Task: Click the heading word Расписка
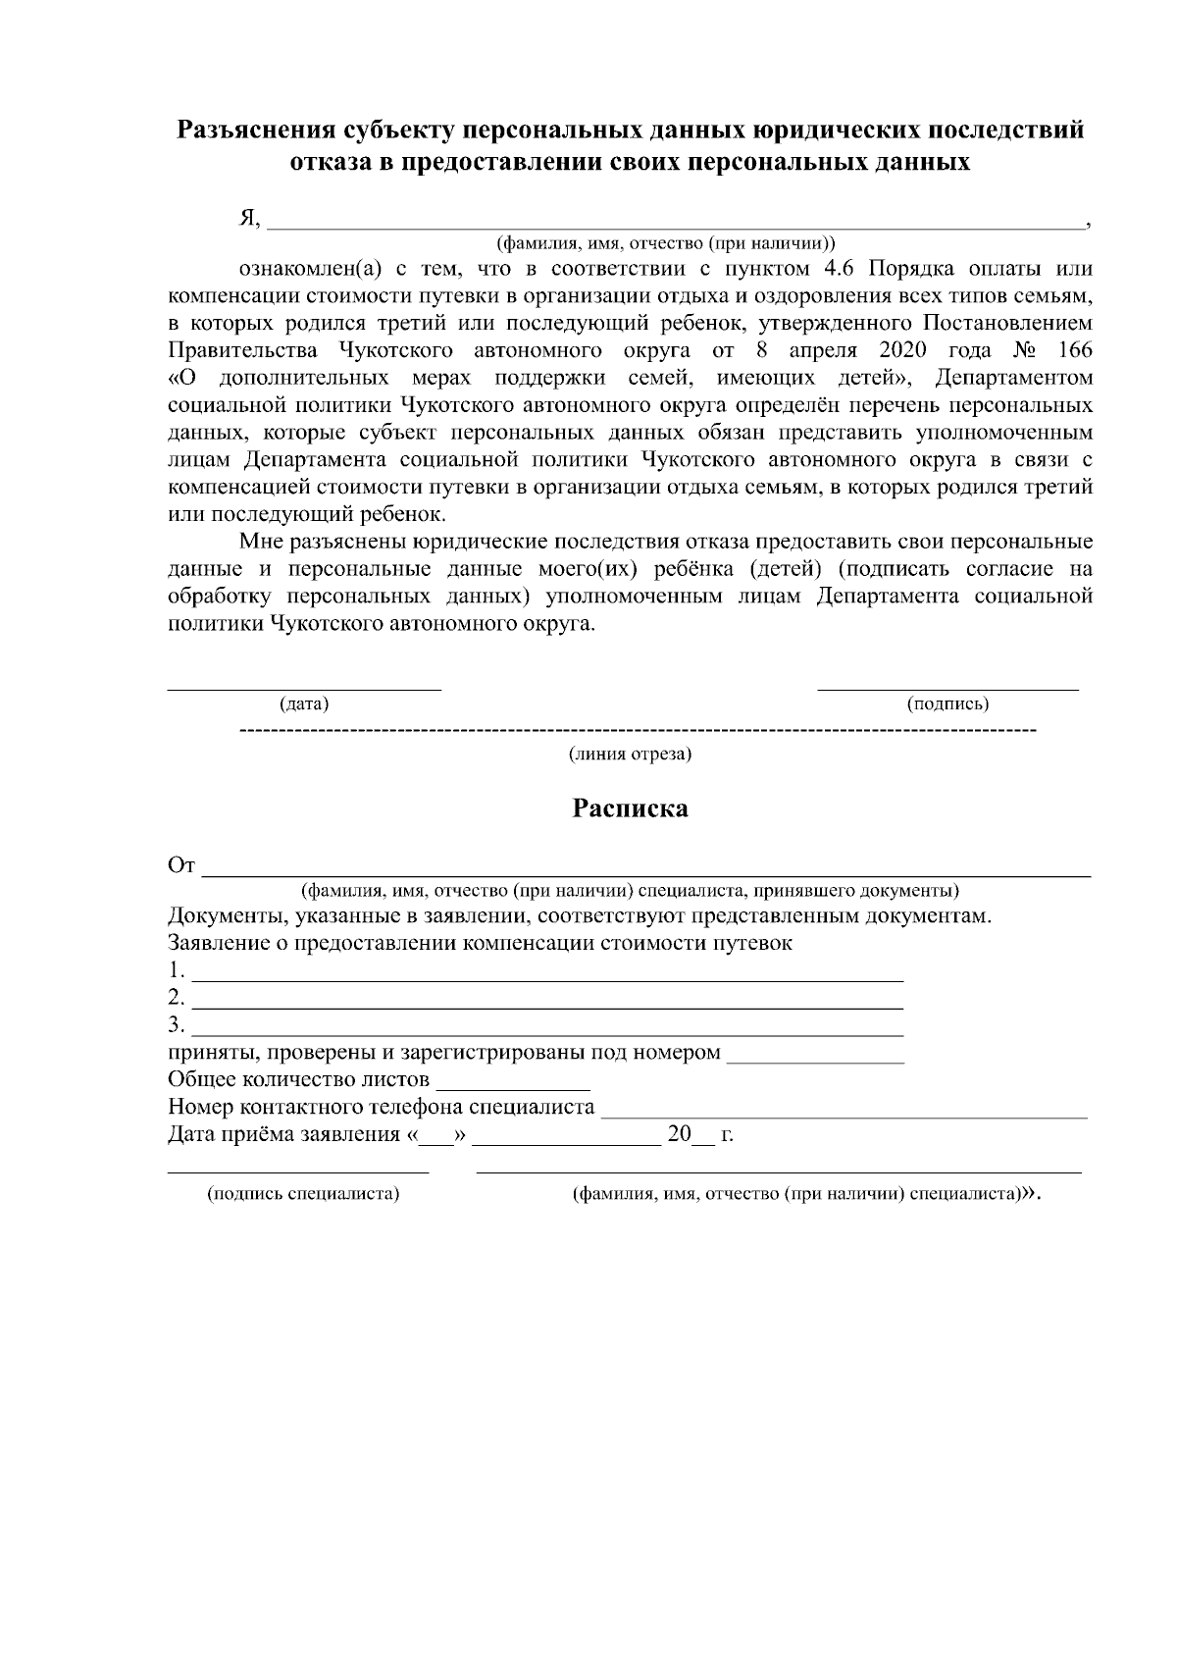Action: (631, 808)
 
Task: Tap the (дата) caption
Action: (304, 703)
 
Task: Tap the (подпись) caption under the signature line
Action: (947, 703)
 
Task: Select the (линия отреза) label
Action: (631, 755)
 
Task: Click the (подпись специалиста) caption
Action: (302, 1194)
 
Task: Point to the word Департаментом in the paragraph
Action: (1014, 378)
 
